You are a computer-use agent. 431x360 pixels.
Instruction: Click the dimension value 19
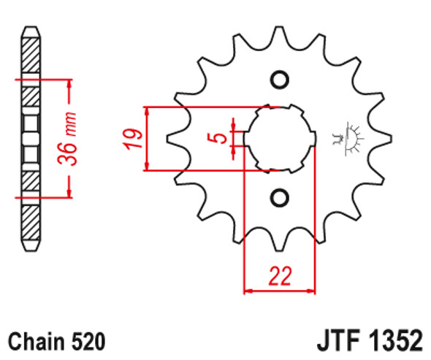[132, 139]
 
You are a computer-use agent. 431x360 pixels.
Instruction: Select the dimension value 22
[280, 276]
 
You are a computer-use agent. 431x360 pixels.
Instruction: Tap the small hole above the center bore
[280, 79]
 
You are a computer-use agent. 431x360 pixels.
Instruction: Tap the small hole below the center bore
[280, 196]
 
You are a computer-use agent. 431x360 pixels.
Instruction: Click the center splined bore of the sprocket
[280, 137]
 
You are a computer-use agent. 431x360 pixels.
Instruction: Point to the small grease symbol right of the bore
[348, 138]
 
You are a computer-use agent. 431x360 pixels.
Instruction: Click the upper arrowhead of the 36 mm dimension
[69, 82]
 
